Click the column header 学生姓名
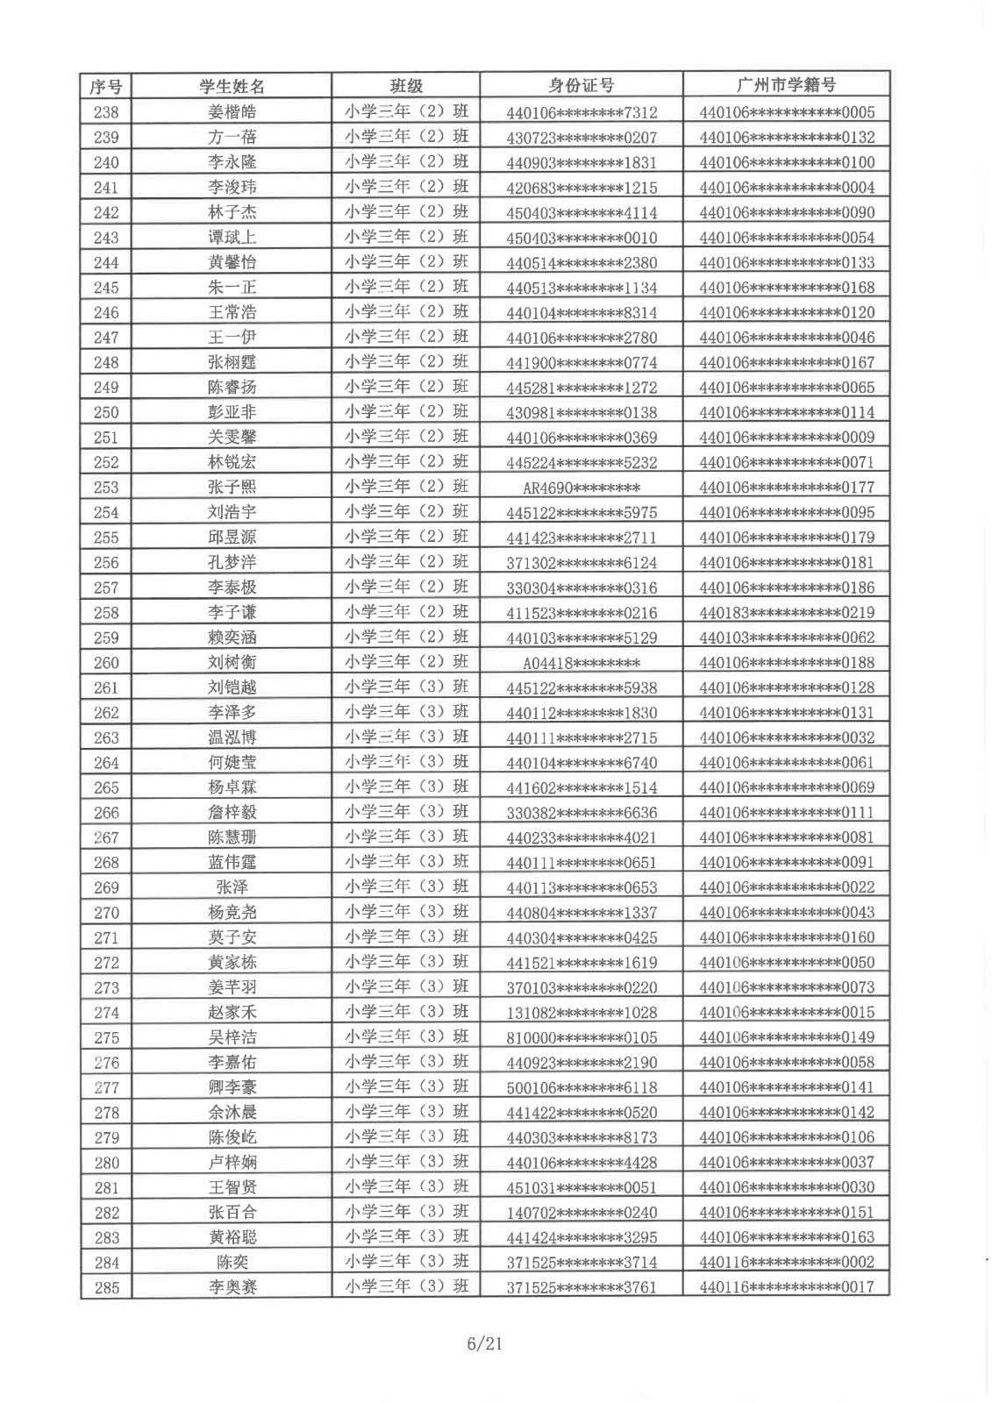coord(232,86)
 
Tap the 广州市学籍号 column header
coord(786,85)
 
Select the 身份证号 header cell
coord(581,85)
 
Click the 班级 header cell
coord(406,86)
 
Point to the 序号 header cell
coord(105,86)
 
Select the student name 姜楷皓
coord(232,112)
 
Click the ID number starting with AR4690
coord(581,488)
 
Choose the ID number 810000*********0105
coord(581,1038)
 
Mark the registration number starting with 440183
coord(786,613)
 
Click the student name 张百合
coord(232,1213)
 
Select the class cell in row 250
coord(406,412)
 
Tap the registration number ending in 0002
coord(786,1263)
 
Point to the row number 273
coord(105,988)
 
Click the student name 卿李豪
coord(232,1088)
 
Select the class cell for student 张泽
coord(406,887)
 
